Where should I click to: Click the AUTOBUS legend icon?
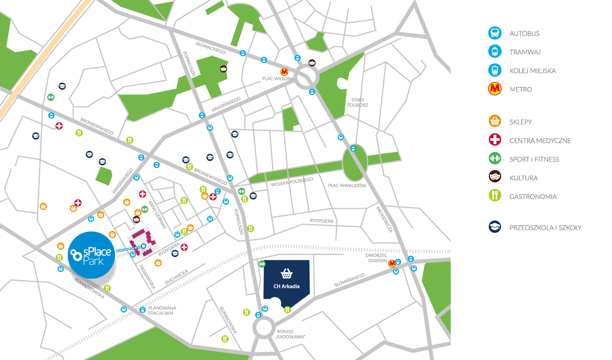point(494,33)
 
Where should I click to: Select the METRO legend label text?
point(521,89)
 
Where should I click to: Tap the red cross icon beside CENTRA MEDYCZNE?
point(494,140)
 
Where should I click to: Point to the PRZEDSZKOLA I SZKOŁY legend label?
point(545,227)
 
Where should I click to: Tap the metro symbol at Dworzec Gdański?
point(392,263)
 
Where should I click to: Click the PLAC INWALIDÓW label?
point(347,185)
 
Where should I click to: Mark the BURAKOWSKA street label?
point(228,320)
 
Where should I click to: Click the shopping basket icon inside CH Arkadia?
point(287,274)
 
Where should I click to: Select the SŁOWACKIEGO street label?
point(211,48)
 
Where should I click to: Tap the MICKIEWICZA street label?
point(385,219)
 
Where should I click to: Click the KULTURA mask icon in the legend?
point(494,178)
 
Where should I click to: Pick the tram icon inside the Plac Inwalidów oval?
point(353,149)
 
